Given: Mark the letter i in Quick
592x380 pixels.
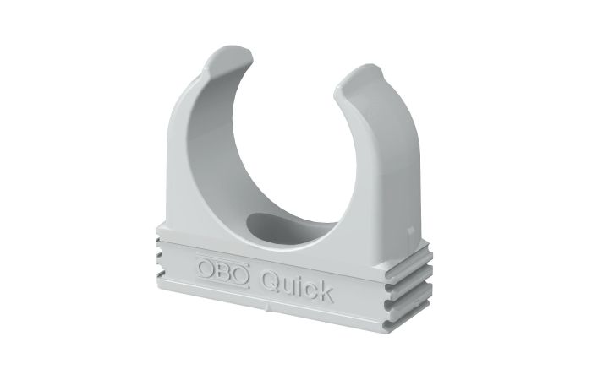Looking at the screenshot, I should pyautogui.click(x=300, y=285).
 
